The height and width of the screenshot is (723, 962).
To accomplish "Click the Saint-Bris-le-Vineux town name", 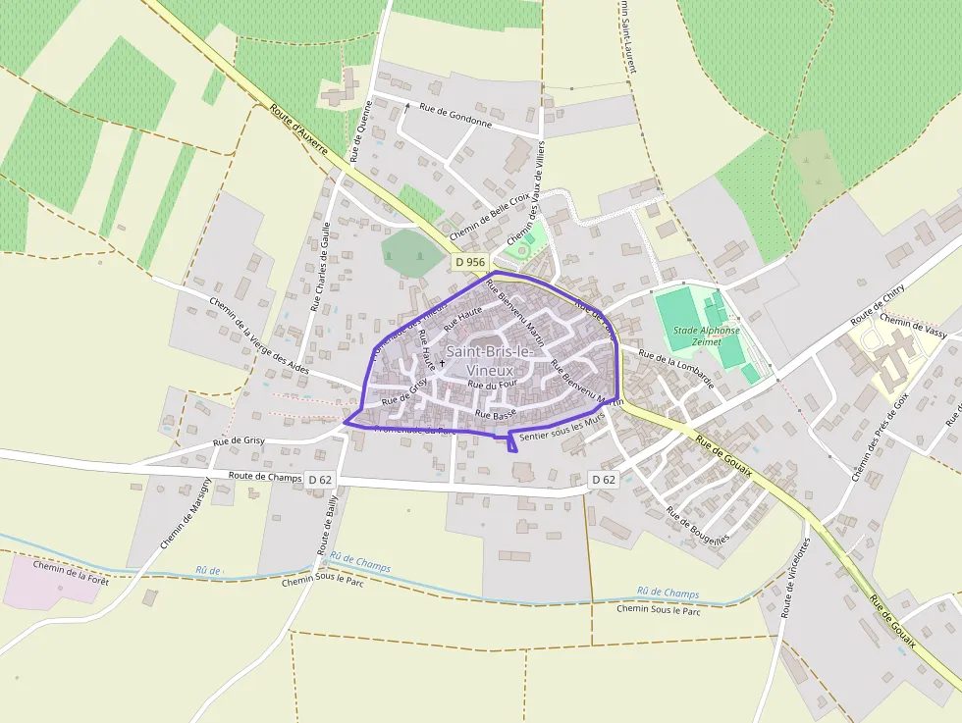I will (x=489, y=359).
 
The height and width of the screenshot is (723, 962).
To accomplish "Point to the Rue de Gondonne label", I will (x=455, y=113).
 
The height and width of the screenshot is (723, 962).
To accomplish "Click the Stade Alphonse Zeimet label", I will (x=706, y=336).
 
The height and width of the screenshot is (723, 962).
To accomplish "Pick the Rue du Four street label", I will (x=492, y=384).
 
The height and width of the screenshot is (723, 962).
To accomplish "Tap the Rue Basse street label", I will (x=496, y=415).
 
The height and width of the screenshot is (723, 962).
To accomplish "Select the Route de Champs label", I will (x=265, y=477).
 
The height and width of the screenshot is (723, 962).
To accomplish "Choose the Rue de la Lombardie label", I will (x=676, y=369).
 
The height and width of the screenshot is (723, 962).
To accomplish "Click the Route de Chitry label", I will (x=878, y=306).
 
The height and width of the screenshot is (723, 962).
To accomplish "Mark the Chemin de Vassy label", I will (x=914, y=327).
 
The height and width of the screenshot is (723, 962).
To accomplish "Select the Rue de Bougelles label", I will (x=697, y=526).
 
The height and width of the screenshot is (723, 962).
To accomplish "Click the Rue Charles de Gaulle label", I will (x=321, y=266).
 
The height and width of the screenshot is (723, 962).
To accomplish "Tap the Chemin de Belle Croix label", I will (x=489, y=216).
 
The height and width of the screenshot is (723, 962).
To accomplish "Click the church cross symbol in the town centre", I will (x=442, y=363).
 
